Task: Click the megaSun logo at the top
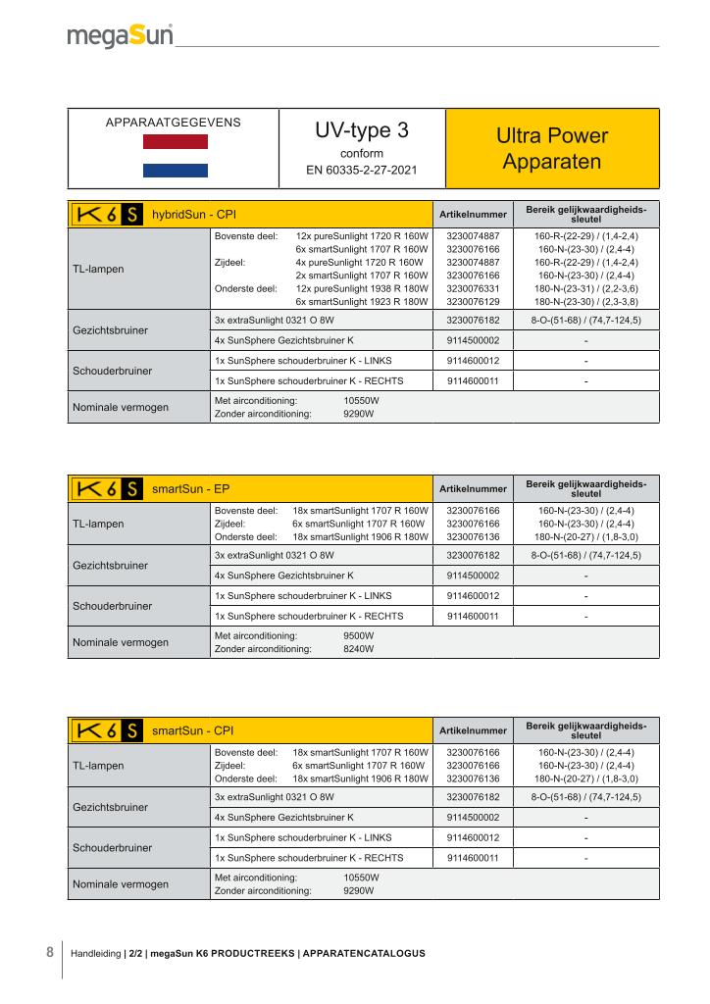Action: point(120,37)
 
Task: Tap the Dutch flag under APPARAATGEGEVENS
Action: point(176,156)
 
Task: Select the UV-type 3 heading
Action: point(362,131)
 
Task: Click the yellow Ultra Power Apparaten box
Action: point(552,148)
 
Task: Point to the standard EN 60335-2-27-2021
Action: point(362,170)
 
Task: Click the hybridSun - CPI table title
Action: point(193,214)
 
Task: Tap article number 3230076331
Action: point(473,289)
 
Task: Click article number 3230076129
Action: point(473,302)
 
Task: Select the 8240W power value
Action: point(358,648)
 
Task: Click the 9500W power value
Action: point(358,635)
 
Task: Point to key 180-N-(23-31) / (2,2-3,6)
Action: point(585,289)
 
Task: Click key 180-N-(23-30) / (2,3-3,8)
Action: point(585,302)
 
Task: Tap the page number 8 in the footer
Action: point(49,951)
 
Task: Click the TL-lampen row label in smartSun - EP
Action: point(98,524)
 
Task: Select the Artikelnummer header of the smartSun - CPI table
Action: point(473,730)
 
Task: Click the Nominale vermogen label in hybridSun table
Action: point(121,407)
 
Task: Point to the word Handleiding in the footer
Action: point(95,953)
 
